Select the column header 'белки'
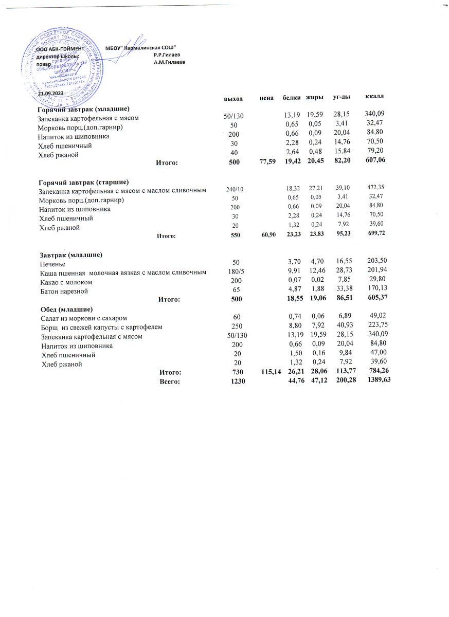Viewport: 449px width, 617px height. click(291, 97)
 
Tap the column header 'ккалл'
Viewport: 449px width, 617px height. click(374, 96)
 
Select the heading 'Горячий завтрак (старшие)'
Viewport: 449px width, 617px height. click(83, 182)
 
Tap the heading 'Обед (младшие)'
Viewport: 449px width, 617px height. click(66, 309)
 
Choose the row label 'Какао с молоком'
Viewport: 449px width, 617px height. click(66, 282)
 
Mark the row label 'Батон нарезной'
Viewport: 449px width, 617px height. click(64, 291)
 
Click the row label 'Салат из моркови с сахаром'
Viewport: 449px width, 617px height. click(84, 319)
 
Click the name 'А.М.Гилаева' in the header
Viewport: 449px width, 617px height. click(169, 62)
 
